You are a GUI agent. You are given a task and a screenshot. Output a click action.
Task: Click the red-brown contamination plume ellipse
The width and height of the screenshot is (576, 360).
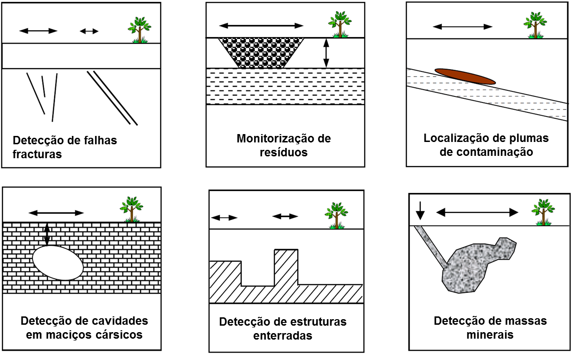465,77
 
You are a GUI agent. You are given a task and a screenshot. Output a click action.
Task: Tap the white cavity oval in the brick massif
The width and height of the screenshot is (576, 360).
58,263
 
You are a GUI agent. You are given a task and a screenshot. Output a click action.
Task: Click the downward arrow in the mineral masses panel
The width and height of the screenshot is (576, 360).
420,210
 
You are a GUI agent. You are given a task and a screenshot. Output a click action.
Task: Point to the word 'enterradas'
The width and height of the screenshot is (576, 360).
282,335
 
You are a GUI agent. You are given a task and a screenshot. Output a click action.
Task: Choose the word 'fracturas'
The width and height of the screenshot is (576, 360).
37,154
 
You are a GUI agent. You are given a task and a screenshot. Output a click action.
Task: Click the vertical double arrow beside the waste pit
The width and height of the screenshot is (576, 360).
326,53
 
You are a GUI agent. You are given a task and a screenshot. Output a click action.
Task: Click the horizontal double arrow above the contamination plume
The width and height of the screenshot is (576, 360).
462,26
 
